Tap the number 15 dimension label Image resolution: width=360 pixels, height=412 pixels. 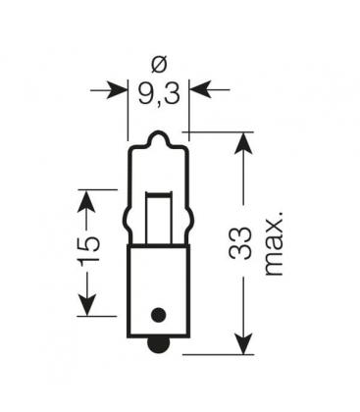click(88, 253)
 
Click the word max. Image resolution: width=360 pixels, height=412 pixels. click(272, 241)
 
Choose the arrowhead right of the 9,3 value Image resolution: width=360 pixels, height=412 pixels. click(198, 90)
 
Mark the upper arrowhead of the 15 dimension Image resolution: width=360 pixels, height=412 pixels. click(88, 199)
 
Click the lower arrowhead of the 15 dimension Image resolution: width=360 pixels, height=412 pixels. click(88, 306)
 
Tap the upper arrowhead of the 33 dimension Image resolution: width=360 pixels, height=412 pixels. click(242, 141)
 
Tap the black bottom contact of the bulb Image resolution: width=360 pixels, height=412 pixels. click(157, 344)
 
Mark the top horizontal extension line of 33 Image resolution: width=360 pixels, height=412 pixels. click(221, 131)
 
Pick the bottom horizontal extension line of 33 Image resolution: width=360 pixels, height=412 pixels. click(221, 356)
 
